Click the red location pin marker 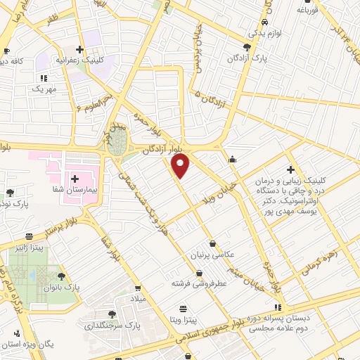[181, 167]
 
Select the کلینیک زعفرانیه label [107, 60]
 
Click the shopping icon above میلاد [139, 288]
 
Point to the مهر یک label [43, 89]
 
